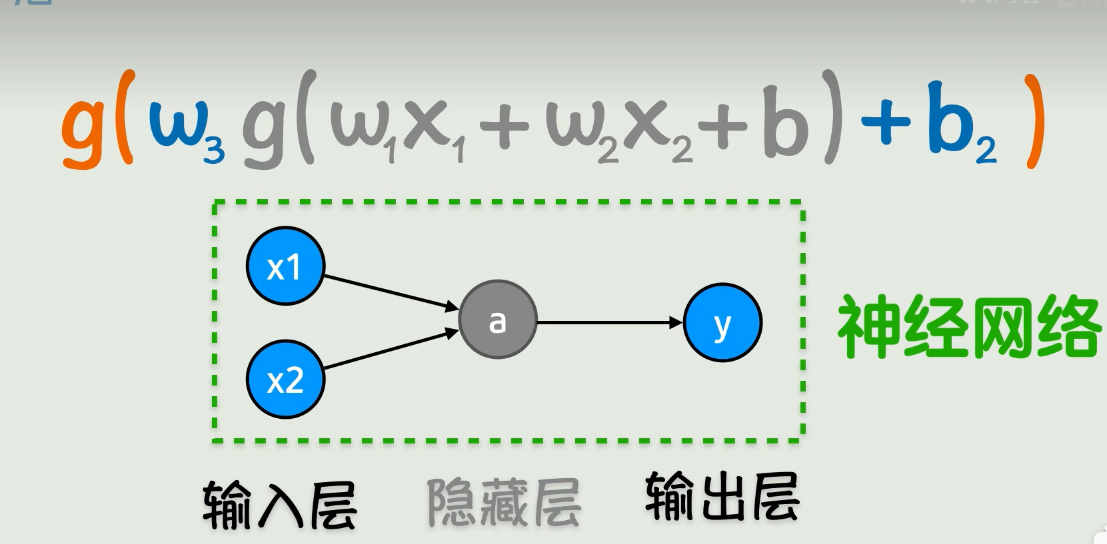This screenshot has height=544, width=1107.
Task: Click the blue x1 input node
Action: click(285, 266)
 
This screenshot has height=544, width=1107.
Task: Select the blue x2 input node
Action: click(285, 380)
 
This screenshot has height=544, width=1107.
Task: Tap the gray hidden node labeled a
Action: click(497, 320)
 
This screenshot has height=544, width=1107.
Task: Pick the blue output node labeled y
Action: click(722, 323)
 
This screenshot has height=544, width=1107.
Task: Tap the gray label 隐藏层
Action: click(504, 503)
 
